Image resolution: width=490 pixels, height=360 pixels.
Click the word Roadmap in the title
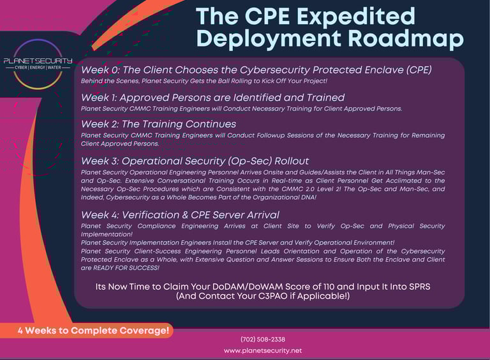click(x=406, y=39)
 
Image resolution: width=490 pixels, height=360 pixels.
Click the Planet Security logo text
click(x=38, y=61)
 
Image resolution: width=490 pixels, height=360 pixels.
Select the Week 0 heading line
click(x=256, y=70)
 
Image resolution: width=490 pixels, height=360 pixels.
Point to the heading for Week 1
click(x=212, y=98)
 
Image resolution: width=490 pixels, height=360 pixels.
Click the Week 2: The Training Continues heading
click(x=158, y=124)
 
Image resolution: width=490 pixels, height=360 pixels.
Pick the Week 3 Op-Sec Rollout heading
click(x=195, y=161)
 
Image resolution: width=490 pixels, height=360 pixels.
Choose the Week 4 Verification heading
click(x=180, y=215)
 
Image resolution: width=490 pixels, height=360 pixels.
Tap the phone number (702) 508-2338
click(x=263, y=340)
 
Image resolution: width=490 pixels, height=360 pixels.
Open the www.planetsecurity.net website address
click(x=263, y=350)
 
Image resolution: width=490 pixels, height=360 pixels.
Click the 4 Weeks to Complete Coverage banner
click(x=93, y=331)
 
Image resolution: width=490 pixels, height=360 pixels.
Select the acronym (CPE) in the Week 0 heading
click(x=419, y=70)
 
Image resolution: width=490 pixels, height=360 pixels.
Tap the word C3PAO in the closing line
click(x=273, y=296)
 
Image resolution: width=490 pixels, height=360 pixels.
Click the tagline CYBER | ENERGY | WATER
click(x=38, y=68)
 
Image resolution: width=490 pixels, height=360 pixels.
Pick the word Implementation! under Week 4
click(x=107, y=234)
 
